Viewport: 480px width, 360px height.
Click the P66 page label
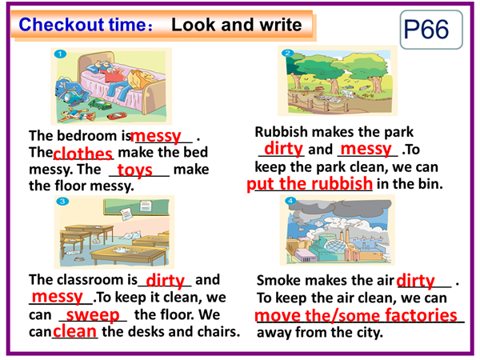pyautogui.click(x=426, y=30)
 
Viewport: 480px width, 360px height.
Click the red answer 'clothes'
pyautogui.click(x=82, y=154)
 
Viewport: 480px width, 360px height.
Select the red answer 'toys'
pyautogui.click(x=135, y=170)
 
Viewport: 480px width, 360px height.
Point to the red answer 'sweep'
pyautogui.click(x=93, y=315)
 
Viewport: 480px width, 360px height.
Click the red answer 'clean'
pyautogui.click(x=74, y=331)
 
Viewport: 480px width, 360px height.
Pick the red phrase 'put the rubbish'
pyautogui.click(x=310, y=184)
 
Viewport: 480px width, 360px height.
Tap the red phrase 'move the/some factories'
pyautogui.click(x=356, y=315)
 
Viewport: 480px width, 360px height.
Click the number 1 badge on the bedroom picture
pyautogui.click(x=60, y=54)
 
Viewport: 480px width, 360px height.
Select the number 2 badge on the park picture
pyautogui.click(x=287, y=53)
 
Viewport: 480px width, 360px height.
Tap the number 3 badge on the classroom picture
pyautogui.click(x=62, y=201)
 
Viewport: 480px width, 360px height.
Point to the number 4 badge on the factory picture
pyautogui.click(x=290, y=201)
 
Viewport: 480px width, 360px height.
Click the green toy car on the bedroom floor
pyautogui.click(x=99, y=103)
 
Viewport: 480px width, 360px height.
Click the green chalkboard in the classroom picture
pyautogui.click(x=136, y=207)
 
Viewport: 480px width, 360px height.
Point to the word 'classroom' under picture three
pyautogui.click(x=90, y=279)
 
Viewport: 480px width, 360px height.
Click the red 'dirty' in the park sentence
pyautogui.click(x=283, y=149)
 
